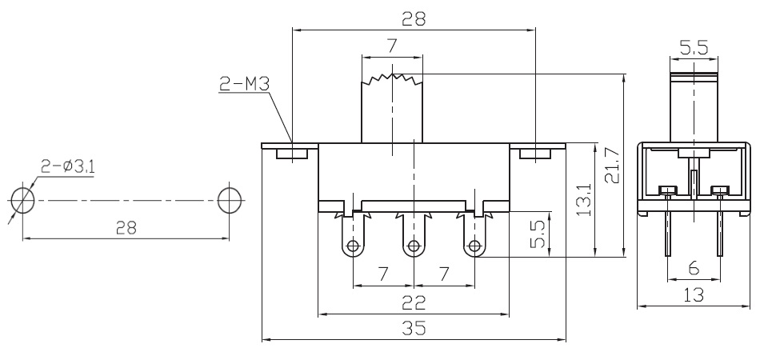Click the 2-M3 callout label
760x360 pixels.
pos(244,84)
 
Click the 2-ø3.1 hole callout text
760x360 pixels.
pos(67,166)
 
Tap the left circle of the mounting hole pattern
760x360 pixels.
pos(22,200)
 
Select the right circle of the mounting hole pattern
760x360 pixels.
pos(230,200)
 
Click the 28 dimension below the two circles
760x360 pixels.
pos(126,227)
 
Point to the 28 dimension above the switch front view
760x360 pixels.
pos(414,18)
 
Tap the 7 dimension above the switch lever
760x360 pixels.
pos(392,46)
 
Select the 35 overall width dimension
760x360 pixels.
pos(414,328)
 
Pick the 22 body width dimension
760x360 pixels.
pos(414,303)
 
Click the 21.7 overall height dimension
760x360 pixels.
pos(612,166)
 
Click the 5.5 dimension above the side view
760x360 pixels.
pos(694,47)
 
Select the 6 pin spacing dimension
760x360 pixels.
pos(694,267)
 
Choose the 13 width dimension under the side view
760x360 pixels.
pos(694,294)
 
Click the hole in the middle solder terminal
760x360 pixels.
pos(414,246)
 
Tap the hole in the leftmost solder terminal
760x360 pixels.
pos(354,246)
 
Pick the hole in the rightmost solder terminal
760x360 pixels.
pos(474,246)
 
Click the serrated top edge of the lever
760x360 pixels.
pos(392,79)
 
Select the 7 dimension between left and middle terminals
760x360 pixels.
pos(383,274)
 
